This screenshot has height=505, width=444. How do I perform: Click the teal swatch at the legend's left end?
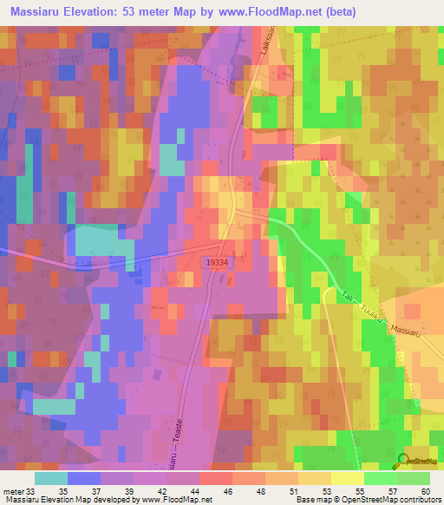click(x=51, y=478)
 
